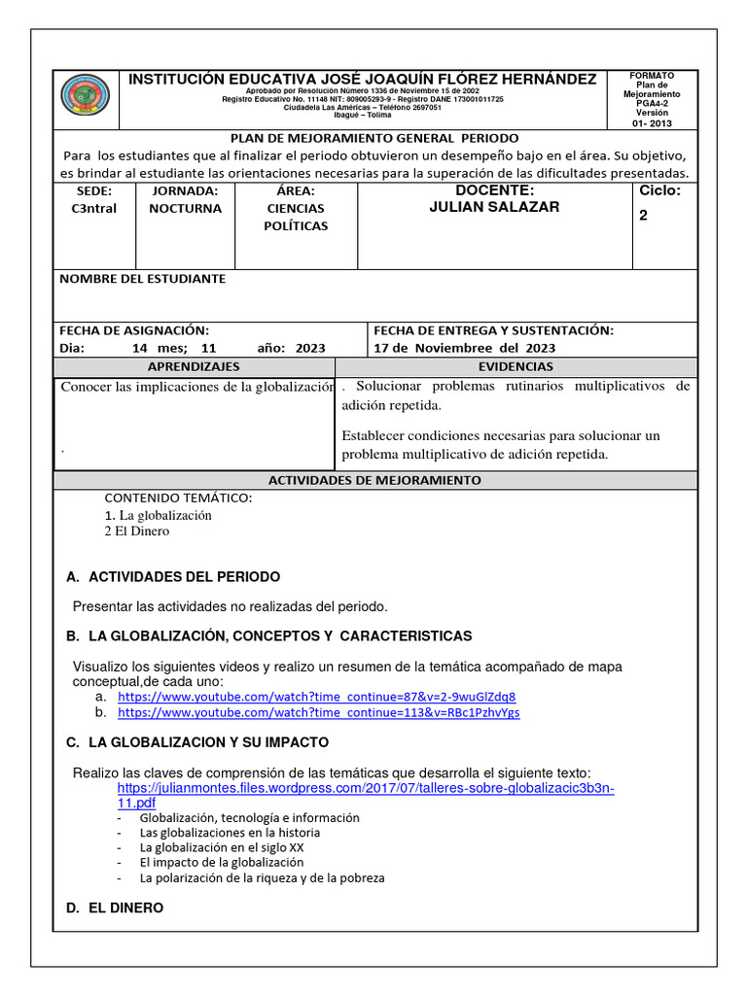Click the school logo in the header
86,97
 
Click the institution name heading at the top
364,79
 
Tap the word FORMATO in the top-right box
651,76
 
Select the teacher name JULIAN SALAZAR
494,207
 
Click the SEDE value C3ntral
94,209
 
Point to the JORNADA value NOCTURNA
185,208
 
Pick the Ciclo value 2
643,216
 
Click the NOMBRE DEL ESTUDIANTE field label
142,279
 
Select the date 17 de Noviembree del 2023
465,348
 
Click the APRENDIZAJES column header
193,366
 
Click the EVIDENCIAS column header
516,366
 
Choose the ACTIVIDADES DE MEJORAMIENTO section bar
374,480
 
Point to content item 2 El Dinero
136,532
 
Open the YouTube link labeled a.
316,697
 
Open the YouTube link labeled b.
318,712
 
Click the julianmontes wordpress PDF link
366,796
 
